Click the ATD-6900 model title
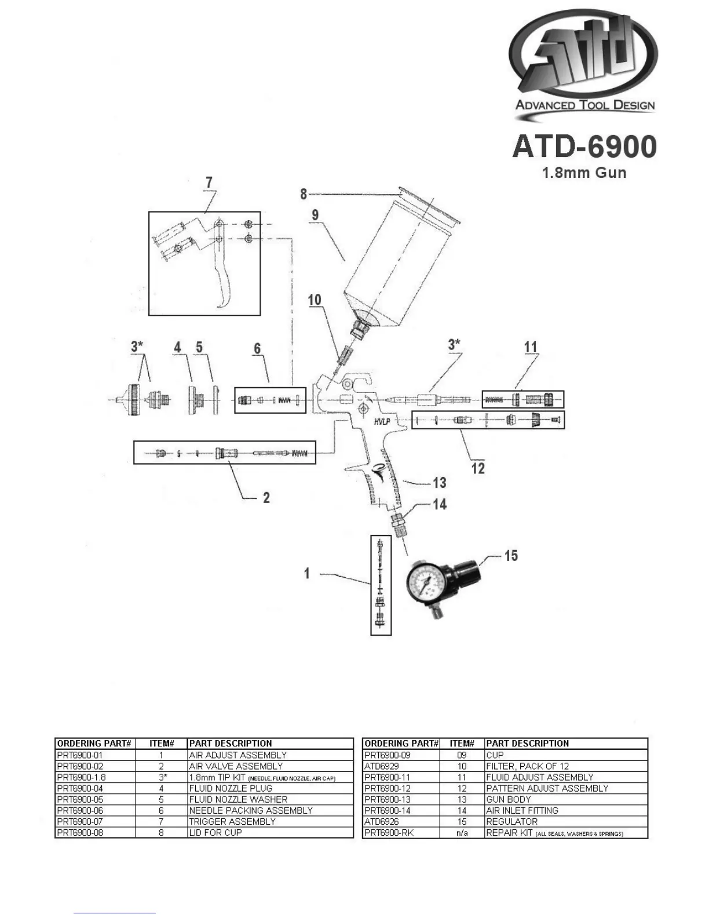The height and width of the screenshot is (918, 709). click(x=584, y=147)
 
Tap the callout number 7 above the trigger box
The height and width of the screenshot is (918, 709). click(x=209, y=182)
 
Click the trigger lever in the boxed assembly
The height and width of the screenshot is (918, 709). click(x=223, y=272)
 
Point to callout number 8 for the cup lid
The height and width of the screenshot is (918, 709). click(x=304, y=194)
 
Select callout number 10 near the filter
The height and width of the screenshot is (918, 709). click(x=315, y=300)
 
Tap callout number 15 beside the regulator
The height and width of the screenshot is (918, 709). click(x=511, y=556)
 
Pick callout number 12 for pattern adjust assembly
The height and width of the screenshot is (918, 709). click(x=478, y=468)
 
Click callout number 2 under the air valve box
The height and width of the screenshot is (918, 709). click(x=266, y=498)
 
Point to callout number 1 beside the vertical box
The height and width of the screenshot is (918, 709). click(x=307, y=574)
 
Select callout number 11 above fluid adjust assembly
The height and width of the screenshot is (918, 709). click(x=531, y=347)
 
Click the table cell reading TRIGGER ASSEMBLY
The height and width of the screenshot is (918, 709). click(x=232, y=821)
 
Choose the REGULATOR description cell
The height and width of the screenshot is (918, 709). click(x=512, y=821)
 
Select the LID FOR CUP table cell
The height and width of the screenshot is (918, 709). click(x=215, y=832)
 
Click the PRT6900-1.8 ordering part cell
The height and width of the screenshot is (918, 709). click(x=82, y=777)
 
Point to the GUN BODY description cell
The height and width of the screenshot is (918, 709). click(x=509, y=799)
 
